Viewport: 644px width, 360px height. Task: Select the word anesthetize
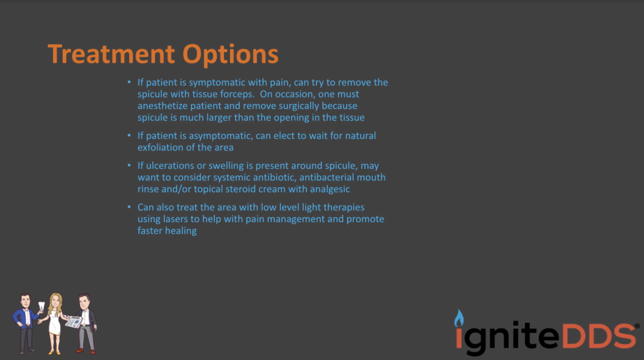point(162,106)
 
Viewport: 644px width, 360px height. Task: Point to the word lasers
point(175,219)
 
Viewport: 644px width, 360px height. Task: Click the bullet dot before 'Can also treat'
point(129,207)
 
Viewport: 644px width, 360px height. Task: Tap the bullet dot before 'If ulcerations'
point(129,165)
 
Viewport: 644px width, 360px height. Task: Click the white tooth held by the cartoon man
point(42,306)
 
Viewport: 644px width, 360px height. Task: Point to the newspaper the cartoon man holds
point(74,321)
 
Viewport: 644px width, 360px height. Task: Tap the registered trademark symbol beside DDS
point(637,326)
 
